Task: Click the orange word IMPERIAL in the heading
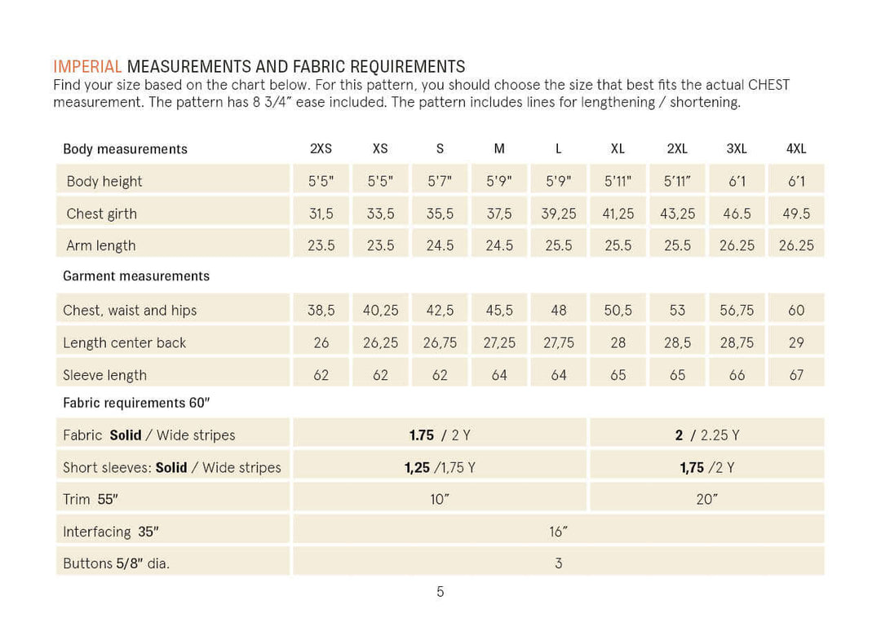click(x=87, y=67)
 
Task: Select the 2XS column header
click(x=321, y=149)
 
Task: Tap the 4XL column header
click(x=796, y=149)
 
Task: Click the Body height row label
click(x=104, y=182)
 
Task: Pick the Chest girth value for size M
click(x=499, y=214)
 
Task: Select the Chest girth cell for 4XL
click(x=796, y=214)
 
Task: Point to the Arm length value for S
click(x=440, y=245)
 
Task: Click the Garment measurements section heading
click(x=136, y=276)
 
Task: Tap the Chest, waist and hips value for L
click(x=559, y=310)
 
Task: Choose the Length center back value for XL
click(x=618, y=342)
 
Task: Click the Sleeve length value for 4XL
click(x=796, y=375)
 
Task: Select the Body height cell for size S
click(x=440, y=182)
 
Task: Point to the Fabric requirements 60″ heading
click(x=136, y=403)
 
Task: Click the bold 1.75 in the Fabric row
click(x=422, y=435)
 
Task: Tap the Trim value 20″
click(x=706, y=500)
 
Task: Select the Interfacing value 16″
click(x=559, y=532)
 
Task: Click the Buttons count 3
click(x=559, y=563)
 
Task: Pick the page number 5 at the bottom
click(x=440, y=592)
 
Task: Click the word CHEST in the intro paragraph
click(x=768, y=85)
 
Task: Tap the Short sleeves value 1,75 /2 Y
click(x=706, y=467)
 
